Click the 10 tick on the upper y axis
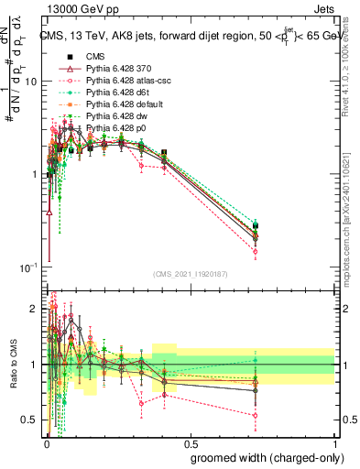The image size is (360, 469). coord(31,81)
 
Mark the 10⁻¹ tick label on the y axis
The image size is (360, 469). coord(28,267)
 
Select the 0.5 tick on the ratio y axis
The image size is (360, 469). coord(31,420)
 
